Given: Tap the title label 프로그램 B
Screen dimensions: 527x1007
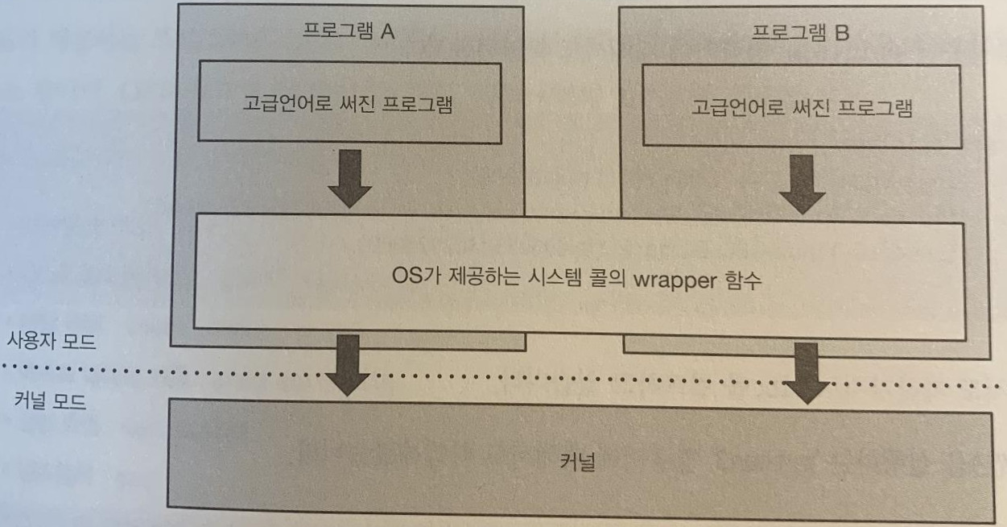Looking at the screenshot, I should [799, 34].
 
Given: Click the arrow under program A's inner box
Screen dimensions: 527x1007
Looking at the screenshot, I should [349, 179].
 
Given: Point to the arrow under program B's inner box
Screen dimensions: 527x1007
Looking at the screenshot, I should [802, 185].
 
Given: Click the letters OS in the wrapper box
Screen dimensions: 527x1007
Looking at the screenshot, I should [398, 282].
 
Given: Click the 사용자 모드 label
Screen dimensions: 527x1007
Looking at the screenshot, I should [51, 341].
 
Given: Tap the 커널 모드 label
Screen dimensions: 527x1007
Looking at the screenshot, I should [51, 400].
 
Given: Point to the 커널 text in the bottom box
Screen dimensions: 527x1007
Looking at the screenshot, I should [576, 463].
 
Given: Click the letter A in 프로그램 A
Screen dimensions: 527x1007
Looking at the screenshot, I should [386, 34].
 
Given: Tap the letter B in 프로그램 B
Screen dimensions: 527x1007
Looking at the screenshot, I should [842, 34].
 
